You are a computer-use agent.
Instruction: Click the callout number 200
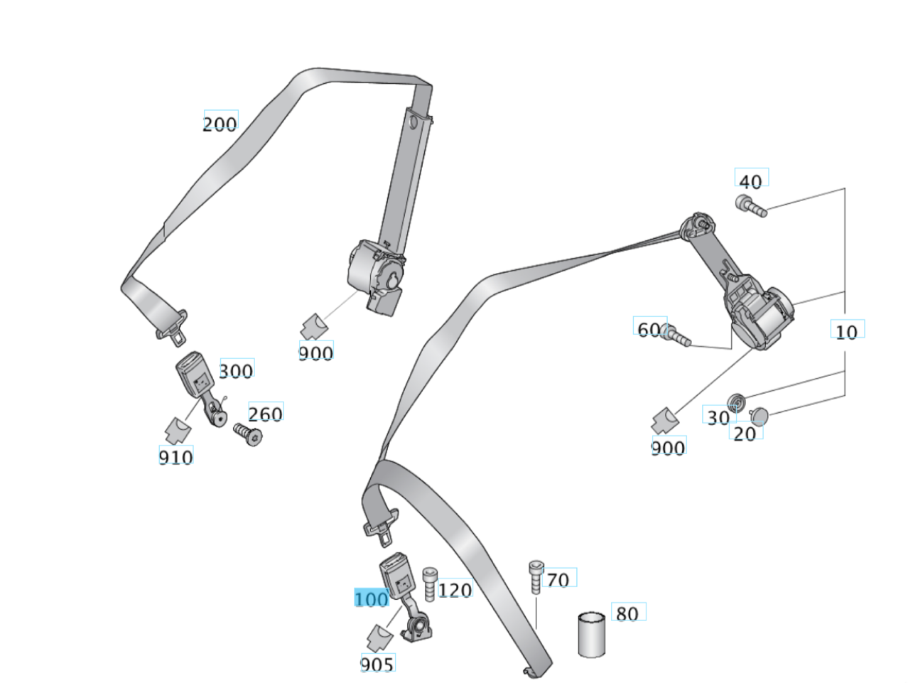pyautogui.click(x=220, y=124)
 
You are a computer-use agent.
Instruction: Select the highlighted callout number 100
pyautogui.click(x=372, y=598)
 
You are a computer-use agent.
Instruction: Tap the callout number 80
pyautogui.click(x=627, y=613)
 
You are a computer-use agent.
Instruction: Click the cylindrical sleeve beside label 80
pyautogui.click(x=592, y=635)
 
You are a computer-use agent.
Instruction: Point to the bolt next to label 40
pyautogui.click(x=750, y=206)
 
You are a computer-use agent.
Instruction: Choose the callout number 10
pyautogui.click(x=845, y=331)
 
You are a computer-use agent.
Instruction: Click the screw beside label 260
pyautogui.click(x=247, y=435)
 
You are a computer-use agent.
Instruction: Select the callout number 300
pyautogui.click(x=236, y=371)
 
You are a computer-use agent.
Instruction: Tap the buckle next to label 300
pyautogui.click(x=195, y=377)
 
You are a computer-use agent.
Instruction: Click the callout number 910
pyautogui.click(x=175, y=456)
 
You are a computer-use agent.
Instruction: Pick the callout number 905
pyautogui.click(x=377, y=664)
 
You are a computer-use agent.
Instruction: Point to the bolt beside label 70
pyautogui.click(x=536, y=576)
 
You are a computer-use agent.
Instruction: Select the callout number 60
pyautogui.click(x=649, y=329)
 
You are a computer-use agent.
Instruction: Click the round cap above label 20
pyautogui.click(x=760, y=415)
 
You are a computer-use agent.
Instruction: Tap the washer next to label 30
pyautogui.click(x=736, y=403)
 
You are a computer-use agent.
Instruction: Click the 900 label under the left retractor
pyautogui.click(x=315, y=353)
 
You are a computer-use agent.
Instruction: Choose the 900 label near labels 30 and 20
pyautogui.click(x=668, y=447)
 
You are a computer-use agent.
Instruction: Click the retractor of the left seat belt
pyautogui.click(x=377, y=274)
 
